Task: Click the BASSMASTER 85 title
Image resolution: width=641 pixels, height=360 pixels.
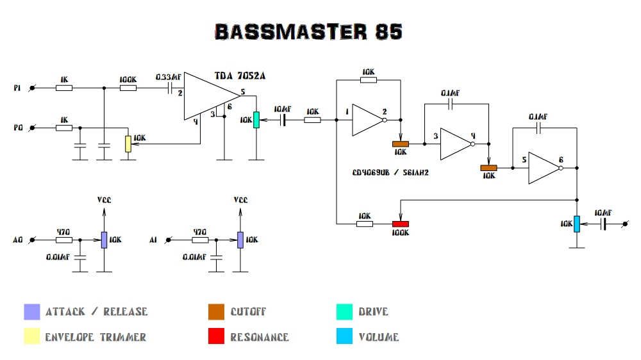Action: (308, 32)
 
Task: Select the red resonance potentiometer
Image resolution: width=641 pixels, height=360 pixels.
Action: (400, 224)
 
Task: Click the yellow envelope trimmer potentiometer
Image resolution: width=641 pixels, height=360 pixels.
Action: (128, 143)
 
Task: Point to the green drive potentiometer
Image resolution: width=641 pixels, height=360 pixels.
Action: (256, 119)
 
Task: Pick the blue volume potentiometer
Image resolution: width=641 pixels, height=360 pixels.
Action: (577, 224)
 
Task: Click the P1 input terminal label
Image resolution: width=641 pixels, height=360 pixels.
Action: (17, 87)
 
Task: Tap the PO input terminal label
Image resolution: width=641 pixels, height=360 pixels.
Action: (17, 128)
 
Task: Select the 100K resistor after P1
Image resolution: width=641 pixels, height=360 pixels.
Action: (128, 88)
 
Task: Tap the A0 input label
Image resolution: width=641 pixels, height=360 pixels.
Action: (17, 240)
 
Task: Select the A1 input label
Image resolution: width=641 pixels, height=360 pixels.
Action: (153, 240)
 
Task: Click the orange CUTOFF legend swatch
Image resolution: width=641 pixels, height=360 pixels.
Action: (216, 312)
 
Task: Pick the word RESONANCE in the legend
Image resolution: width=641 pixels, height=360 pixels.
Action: (260, 337)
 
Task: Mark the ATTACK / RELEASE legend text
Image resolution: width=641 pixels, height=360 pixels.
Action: (96, 312)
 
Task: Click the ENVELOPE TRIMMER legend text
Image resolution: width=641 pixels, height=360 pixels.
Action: (96, 337)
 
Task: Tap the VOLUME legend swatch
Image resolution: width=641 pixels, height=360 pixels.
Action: (344, 337)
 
